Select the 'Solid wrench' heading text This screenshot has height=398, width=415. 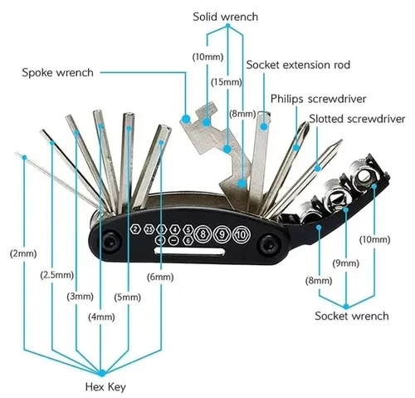pyautogui.click(x=225, y=16)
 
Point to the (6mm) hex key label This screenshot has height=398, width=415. pyautogui.click(x=160, y=277)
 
